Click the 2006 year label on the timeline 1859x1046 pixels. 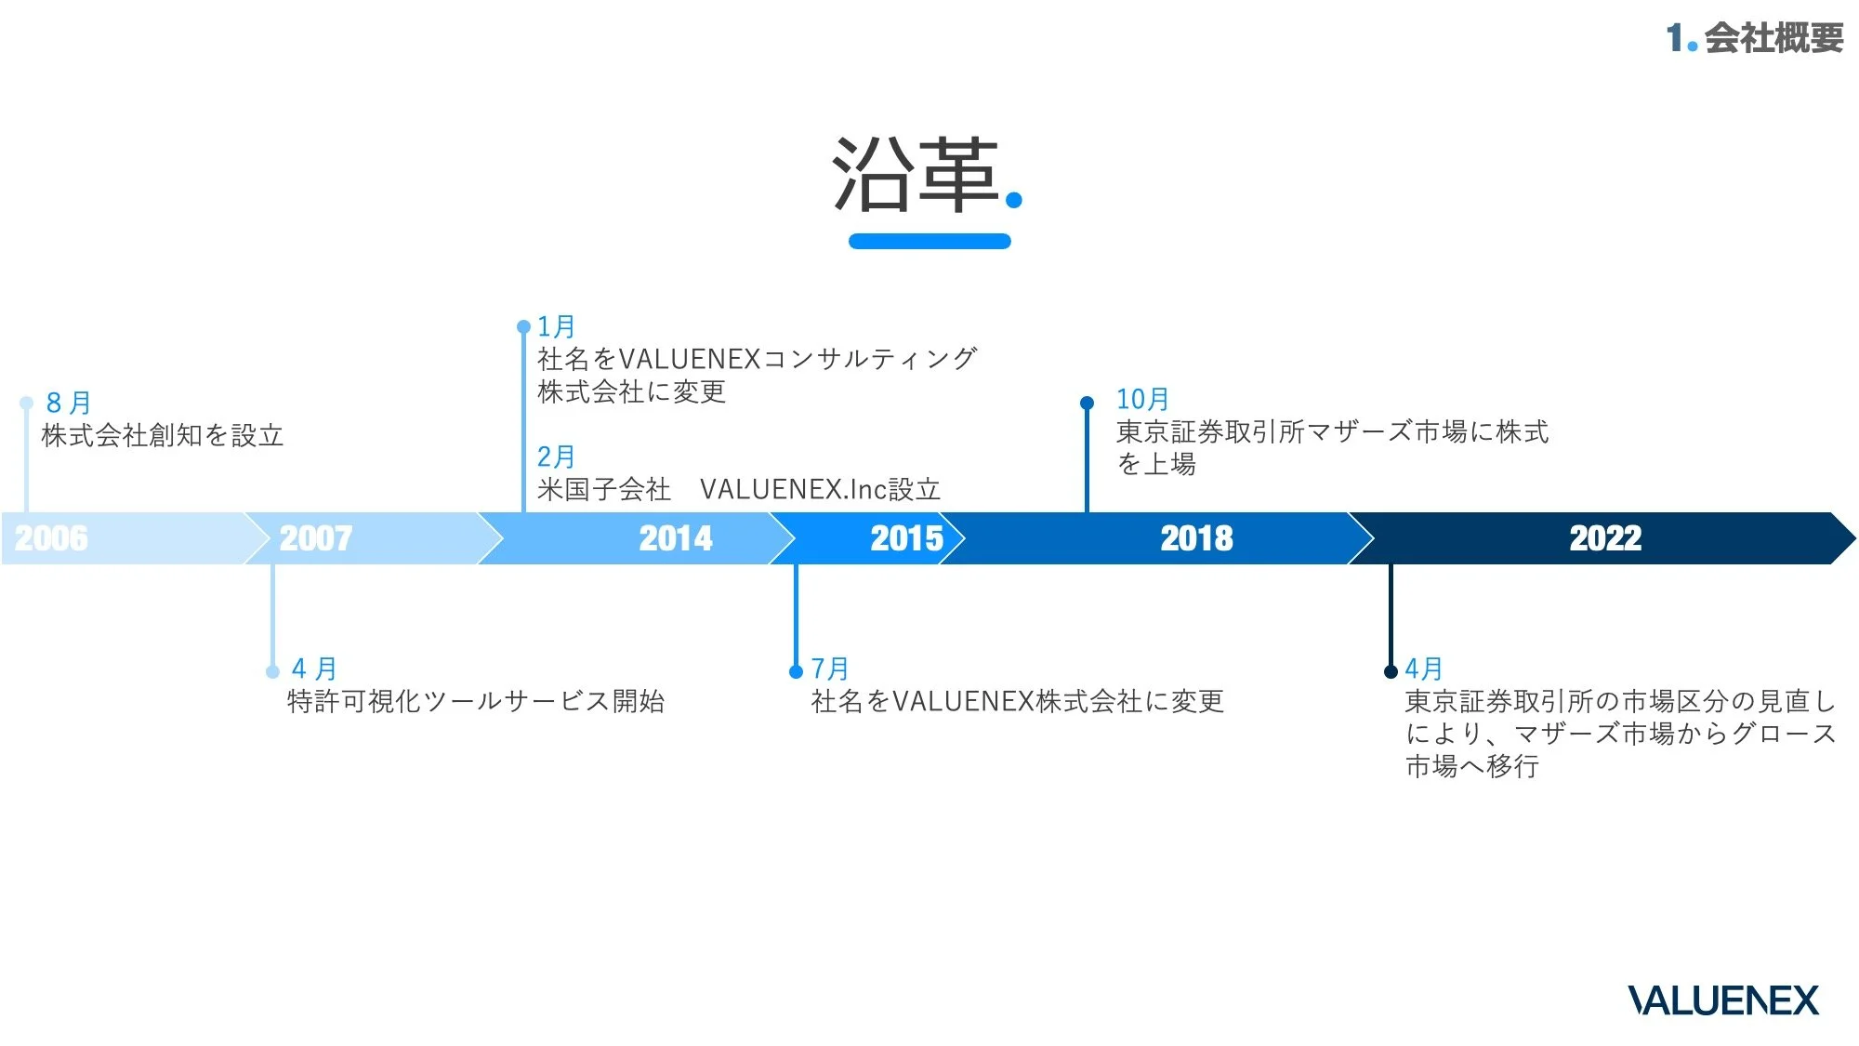tap(51, 538)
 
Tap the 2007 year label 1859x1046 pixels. tap(316, 538)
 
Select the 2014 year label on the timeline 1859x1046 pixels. tap(676, 538)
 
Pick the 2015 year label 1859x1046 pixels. tap(906, 538)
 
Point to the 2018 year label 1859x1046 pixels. tap(1196, 538)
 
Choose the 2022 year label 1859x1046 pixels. tap(1605, 538)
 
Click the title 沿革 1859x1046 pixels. tap(916, 175)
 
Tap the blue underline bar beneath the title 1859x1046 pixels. tap(929, 242)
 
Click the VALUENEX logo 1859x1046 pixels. tap(1722, 1000)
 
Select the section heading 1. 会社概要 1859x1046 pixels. tap(1754, 38)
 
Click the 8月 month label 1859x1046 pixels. tap(69, 403)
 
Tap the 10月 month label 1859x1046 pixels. tap(1142, 399)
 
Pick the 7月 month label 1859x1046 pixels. tap(830, 669)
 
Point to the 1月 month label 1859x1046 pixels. tap(556, 326)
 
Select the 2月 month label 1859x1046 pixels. tap(556, 457)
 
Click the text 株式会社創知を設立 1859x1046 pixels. tap(163, 435)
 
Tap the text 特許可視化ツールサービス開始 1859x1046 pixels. tap(476, 701)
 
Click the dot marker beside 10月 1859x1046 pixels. tap(1087, 403)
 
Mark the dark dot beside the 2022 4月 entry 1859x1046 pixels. tap(1391, 671)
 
